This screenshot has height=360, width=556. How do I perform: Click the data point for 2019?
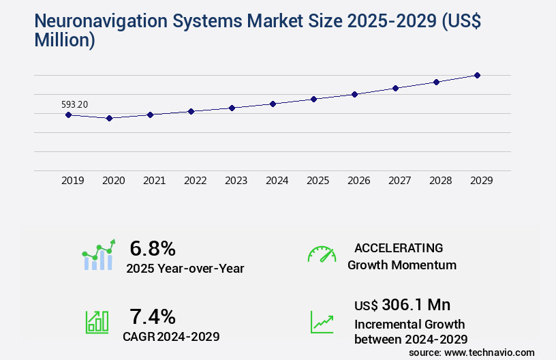(x=68, y=115)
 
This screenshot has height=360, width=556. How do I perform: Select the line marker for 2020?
(x=109, y=118)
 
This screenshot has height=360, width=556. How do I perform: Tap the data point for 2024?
(x=273, y=104)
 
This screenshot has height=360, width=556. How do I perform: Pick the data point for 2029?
(x=477, y=75)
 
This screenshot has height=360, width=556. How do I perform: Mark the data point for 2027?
(x=395, y=88)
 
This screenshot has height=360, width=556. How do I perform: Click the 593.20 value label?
(x=74, y=104)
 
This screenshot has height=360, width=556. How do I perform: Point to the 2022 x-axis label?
(x=195, y=181)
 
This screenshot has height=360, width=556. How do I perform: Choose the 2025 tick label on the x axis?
(x=318, y=181)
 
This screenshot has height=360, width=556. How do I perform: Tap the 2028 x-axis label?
(x=440, y=181)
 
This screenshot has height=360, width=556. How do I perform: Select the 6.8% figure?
(x=153, y=248)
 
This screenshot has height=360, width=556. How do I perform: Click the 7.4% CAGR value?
(x=153, y=316)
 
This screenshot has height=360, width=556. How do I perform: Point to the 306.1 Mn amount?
(x=416, y=305)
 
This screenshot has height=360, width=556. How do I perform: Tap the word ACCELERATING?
(x=399, y=247)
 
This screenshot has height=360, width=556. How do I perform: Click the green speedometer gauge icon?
(x=322, y=254)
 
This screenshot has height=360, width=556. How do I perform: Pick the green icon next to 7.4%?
(x=97, y=321)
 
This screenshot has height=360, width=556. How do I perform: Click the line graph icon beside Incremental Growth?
(x=322, y=321)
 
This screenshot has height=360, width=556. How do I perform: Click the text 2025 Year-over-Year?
(x=185, y=268)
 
